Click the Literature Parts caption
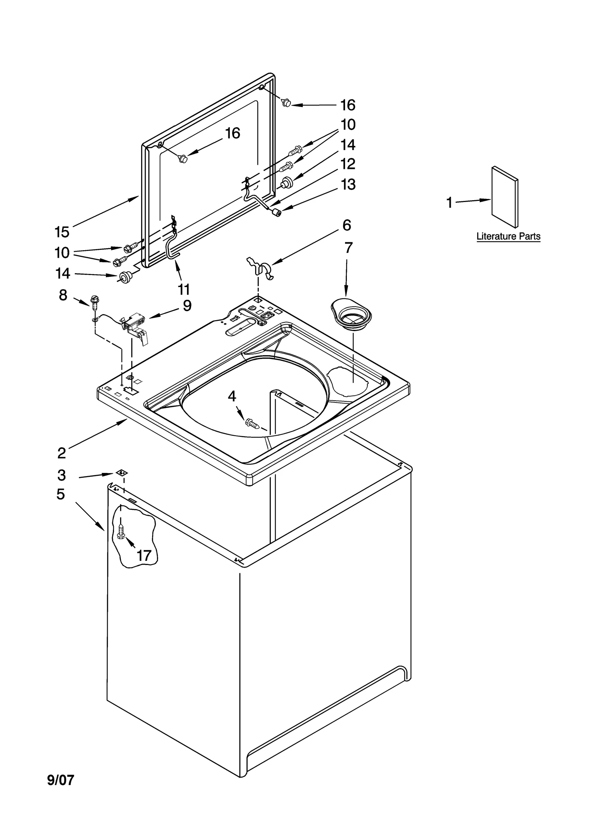[x=508, y=236]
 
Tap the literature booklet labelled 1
[x=505, y=197]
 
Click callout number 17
[x=144, y=555]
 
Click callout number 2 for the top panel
[x=62, y=453]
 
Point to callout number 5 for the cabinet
[x=61, y=494]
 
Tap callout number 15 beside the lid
[x=62, y=232]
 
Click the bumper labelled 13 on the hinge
[x=277, y=214]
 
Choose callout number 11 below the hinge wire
[x=184, y=289]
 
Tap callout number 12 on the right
[x=348, y=164]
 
